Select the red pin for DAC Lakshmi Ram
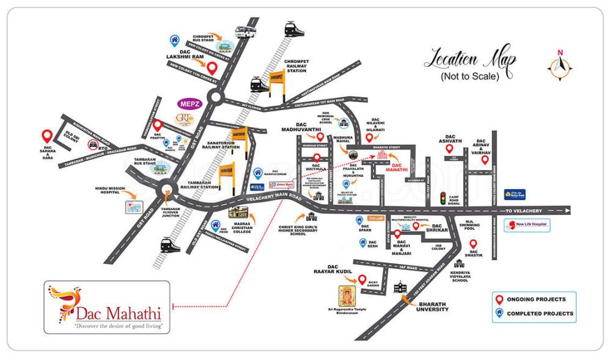[211, 68]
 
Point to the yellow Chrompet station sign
[277, 80]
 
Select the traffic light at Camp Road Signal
[452, 200]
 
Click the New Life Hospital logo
[527, 225]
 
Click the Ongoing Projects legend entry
[532, 299]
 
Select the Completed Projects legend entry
[532, 314]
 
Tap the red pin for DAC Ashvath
[449, 149]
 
